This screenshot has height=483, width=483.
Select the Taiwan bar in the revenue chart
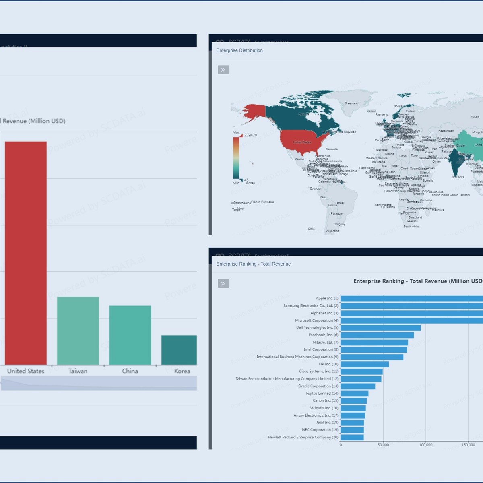(x=78, y=331)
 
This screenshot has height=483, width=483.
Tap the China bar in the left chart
(x=130, y=335)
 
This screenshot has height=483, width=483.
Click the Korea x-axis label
(x=182, y=371)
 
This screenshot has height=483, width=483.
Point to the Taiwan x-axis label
(x=78, y=371)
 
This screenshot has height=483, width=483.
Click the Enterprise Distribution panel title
(x=239, y=50)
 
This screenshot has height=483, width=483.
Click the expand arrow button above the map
(x=223, y=70)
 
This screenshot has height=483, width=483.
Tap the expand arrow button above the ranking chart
(x=223, y=284)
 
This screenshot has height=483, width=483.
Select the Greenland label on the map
(x=351, y=103)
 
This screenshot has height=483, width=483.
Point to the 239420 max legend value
(x=250, y=135)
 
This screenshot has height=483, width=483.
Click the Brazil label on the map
(x=341, y=203)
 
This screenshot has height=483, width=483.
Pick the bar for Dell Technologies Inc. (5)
(x=380, y=328)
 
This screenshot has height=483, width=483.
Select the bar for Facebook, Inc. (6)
(x=377, y=335)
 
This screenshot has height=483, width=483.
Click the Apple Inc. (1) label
(x=327, y=298)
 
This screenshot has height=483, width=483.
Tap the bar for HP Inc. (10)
(x=364, y=364)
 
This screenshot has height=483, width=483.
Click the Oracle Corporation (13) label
(x=318, y=386)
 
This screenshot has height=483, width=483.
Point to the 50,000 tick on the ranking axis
(x=383, y=445)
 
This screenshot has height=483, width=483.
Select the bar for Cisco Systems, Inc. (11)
(x=361, y=372)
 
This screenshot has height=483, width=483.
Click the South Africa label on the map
(x=411, y=227)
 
